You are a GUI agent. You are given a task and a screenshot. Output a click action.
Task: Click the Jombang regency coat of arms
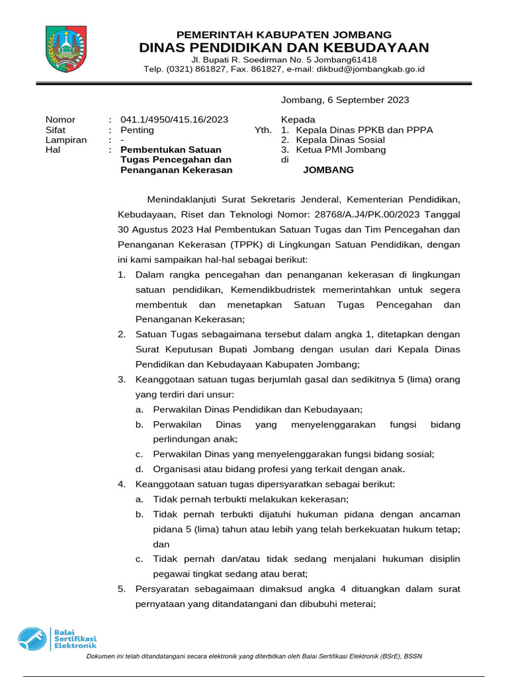[65, 48]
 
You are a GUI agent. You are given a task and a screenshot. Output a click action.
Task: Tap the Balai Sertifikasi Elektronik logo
[57, 639]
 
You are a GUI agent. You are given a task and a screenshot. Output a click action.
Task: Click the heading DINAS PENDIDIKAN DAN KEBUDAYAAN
[284, 48]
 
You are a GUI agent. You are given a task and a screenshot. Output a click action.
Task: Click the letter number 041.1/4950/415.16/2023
[175, 120]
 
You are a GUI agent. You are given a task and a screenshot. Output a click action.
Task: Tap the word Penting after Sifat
[137, 130]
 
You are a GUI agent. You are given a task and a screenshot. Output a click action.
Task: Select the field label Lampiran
[66, 140]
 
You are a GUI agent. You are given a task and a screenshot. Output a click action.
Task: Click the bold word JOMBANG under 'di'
[328, 170]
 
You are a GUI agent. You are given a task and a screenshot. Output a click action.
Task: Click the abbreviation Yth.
[263, 130]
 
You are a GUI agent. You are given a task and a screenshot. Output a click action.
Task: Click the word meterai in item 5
[356, 604]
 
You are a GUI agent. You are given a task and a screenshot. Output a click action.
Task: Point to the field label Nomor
[60, 120]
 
